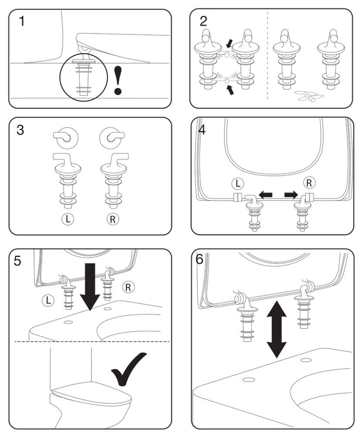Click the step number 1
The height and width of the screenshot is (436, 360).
point(20,20)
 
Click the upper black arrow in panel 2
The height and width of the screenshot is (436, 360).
point(230,43)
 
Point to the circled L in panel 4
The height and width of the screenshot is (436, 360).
point(240,183)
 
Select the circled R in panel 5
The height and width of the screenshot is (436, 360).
point(129,286)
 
